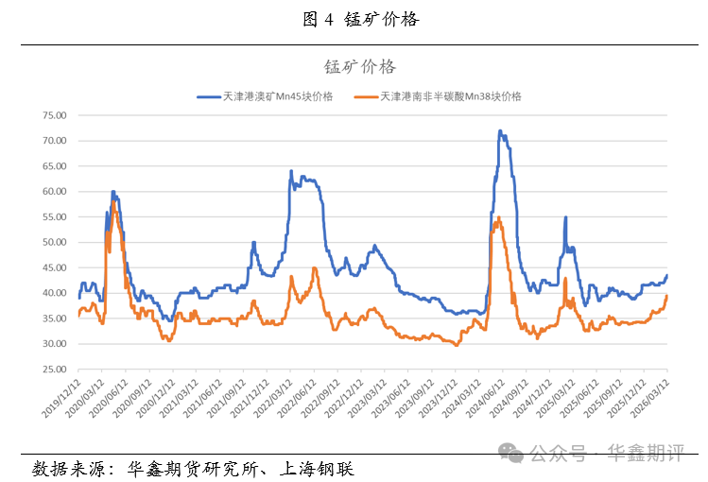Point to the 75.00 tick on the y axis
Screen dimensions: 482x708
click(54, 115)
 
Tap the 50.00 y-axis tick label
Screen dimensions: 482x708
click(54, 242)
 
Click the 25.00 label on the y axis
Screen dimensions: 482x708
click(54, 370)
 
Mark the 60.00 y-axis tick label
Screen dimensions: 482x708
click(54, 192)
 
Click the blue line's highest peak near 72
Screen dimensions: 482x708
click(499, 131)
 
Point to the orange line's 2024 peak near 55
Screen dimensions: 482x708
click(498, 218)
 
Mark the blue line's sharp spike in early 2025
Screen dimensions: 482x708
click(565, 217)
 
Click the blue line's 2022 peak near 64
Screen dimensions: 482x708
click(290, 171)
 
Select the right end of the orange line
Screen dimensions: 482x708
click(666, 296)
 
